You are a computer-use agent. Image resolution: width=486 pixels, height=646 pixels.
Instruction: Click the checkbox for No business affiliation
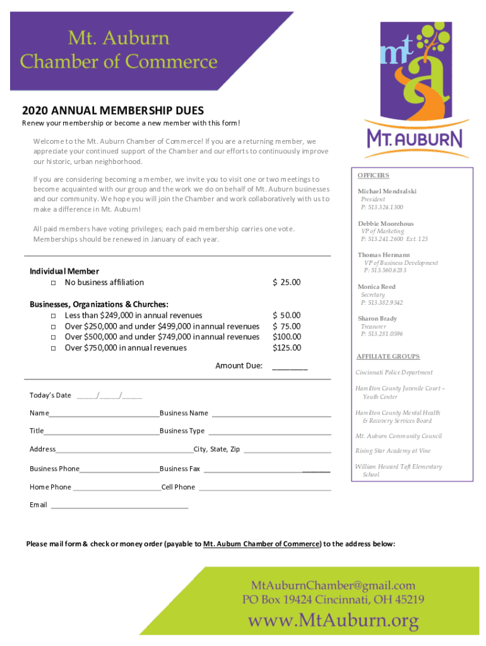tap(53, 283)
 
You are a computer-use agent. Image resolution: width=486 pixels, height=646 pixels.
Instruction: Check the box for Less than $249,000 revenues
tap(53, 315)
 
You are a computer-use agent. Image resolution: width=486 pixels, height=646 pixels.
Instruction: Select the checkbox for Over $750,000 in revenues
tap(53, 348)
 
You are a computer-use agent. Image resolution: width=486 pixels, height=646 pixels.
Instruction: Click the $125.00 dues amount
tap(287, 348)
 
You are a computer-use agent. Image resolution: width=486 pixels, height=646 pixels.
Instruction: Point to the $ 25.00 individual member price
tap(287, 282)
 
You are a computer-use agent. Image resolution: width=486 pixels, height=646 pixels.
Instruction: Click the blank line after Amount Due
tap(290, 367)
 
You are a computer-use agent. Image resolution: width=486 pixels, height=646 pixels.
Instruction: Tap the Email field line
tap(119, 505)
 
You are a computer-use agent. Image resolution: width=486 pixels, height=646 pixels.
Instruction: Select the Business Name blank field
tap(271, 414)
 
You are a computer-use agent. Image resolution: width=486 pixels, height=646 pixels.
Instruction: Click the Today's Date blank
tap(109, 396)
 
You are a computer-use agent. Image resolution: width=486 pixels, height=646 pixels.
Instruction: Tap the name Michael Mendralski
tap(387, 191)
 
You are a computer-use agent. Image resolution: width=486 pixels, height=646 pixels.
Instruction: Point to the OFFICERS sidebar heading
tap(373, 175)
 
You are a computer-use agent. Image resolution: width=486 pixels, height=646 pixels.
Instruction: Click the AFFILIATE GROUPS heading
tap(388, 356)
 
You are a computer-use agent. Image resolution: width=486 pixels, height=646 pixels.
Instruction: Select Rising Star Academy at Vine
tap(393, 451)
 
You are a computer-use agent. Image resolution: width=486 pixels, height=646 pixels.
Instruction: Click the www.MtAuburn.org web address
tap(333, 621)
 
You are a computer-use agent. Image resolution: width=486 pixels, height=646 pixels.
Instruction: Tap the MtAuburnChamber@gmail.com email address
tap(333, 585)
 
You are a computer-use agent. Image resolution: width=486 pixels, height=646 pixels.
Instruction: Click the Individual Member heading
tap(64, 271)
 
